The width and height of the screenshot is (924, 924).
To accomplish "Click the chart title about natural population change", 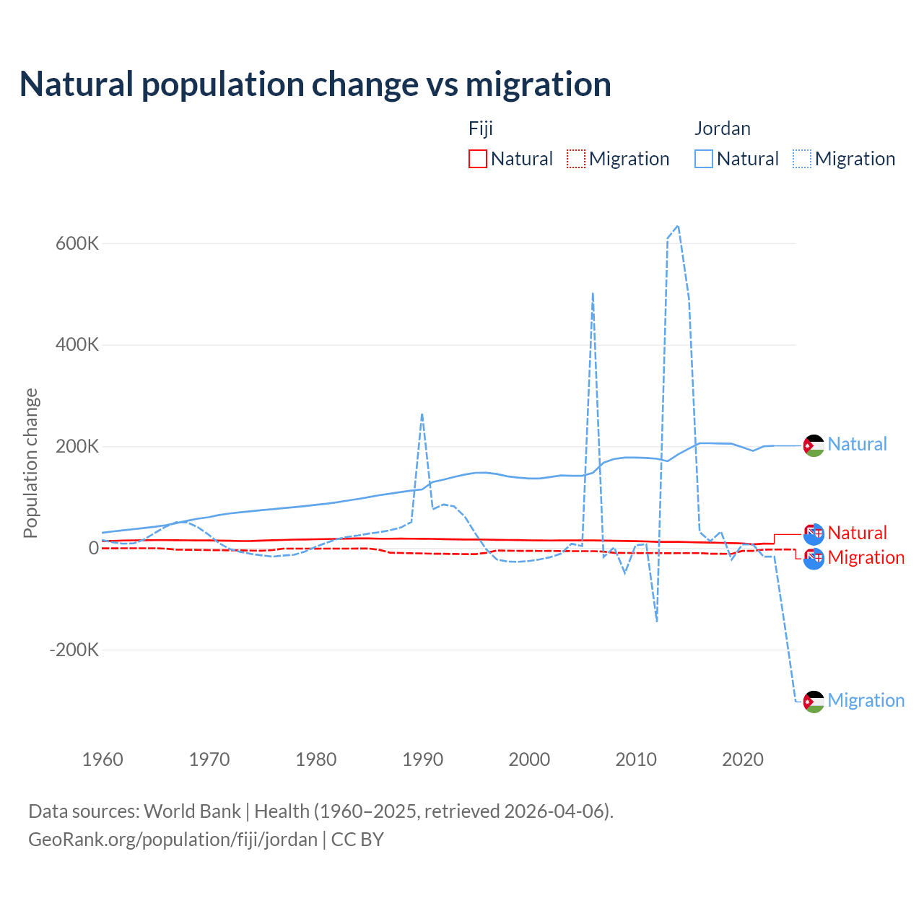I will pos(315,84).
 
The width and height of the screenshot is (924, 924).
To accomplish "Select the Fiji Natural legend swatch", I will pos(478,159).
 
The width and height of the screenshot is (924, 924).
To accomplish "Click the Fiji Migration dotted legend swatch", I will pos(576,159).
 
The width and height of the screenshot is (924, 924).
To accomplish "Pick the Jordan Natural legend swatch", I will pos(704,159).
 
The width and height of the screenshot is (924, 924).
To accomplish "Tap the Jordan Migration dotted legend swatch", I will pos(802,159).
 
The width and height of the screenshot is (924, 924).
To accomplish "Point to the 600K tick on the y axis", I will pos(77,243).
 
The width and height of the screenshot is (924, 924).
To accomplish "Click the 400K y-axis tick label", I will pos(77,345).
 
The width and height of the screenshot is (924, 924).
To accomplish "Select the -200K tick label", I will pos(74,650).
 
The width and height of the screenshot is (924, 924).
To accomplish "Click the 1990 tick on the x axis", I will pos(423,759).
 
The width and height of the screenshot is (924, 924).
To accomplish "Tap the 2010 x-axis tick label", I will pos(636,759).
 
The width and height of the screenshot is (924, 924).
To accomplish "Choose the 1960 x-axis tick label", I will pos(103,759).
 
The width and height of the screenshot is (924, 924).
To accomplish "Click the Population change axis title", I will pos(30,463).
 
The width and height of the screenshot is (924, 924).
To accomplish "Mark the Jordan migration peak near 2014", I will pos(678,226).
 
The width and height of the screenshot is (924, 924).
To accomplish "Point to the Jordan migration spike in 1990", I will pos(422,414).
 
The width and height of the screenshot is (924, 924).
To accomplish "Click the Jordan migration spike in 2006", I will pos(593,293).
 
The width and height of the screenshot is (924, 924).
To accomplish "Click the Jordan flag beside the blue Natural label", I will pos(814,446).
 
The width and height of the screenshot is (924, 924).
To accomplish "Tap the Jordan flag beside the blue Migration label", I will pos(814,702).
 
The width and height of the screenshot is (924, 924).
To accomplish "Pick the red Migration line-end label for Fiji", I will pos(866,557).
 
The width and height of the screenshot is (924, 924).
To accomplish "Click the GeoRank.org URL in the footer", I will pos(173,840).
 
